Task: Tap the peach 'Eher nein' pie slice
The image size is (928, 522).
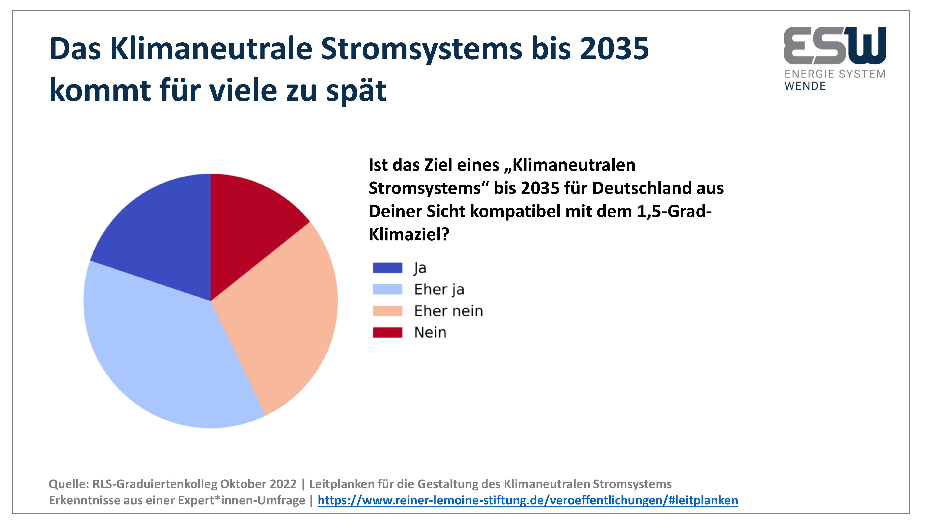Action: point(277,313)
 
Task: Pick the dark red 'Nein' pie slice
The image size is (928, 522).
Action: point(248,220)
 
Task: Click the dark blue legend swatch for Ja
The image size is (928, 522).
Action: point(387,268)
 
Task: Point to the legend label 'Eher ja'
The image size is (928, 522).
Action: point(439,290)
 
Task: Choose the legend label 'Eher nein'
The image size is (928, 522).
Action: point(448,311)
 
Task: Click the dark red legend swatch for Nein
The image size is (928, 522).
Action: point(387,332)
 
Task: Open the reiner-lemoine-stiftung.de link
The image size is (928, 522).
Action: point(528,500)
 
